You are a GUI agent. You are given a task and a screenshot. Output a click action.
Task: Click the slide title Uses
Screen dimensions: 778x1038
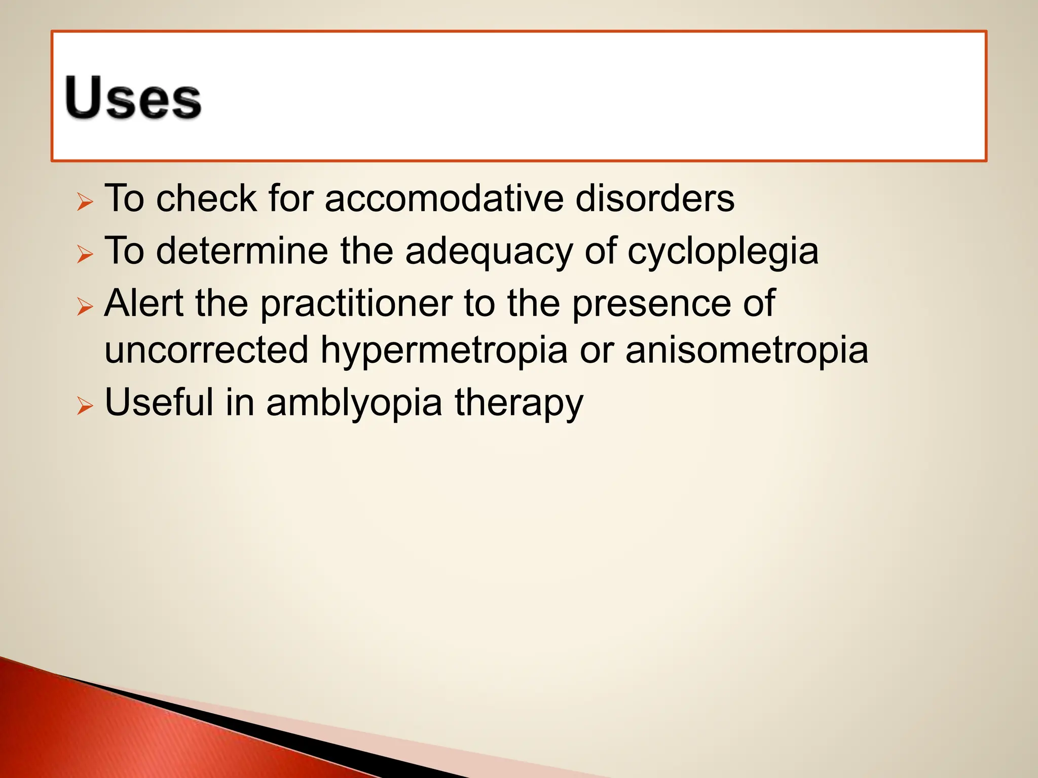[133, 98]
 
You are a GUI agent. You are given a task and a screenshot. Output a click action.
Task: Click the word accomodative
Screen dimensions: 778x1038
[444, 198]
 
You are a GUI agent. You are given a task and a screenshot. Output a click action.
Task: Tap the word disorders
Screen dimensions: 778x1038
[654, 198]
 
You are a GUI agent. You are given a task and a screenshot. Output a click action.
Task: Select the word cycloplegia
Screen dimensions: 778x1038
[723, 251]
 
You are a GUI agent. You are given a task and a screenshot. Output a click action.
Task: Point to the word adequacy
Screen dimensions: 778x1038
[489, 251]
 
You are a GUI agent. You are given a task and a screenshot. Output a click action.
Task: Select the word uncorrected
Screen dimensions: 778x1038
[206, 350]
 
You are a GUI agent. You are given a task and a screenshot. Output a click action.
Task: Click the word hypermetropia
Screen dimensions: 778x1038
[444, 351]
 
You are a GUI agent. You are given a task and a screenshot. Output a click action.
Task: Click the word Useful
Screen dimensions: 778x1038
[159, 402]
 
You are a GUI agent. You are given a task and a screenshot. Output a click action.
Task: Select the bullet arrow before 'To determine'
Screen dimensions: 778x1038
[85, 254]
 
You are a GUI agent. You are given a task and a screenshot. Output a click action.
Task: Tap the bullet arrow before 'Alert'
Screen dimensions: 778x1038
[85, 306]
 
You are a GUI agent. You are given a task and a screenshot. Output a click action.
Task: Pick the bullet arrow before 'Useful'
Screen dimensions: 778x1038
[85, 406]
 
